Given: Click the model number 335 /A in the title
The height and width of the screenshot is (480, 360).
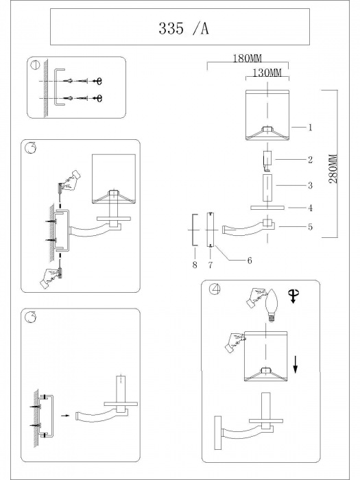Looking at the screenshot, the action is point(184,29).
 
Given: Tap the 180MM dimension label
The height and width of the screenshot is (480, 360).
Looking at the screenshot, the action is point(248,58).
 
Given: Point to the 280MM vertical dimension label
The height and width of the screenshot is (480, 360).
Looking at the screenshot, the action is point(333,169).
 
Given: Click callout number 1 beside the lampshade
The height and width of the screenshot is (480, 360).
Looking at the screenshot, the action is point(310,128).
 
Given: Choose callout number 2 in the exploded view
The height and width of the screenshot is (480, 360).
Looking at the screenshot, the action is point(310,160).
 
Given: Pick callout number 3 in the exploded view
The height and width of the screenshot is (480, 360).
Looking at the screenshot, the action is point(310,185).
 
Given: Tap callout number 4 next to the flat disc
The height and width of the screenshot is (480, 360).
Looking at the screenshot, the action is point(310,208).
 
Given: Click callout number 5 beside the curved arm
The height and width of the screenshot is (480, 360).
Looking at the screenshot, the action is point(310,227).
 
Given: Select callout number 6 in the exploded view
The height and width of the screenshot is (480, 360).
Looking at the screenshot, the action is point(250,261).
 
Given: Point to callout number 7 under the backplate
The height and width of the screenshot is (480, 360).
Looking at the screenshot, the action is point(211,265).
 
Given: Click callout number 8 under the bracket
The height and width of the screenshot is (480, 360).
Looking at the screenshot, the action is point(195,265).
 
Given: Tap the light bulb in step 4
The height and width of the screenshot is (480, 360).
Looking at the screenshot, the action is point(272,305).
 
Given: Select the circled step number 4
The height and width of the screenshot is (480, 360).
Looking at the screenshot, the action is point(215,289).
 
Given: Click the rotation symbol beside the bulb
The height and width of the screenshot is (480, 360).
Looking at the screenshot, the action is point(293,296).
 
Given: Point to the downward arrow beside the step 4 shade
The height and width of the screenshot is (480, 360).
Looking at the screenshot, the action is point(295,364).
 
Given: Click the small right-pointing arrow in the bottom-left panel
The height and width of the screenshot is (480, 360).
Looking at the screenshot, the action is point(65,416).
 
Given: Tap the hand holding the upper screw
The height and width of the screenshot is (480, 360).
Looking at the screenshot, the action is point(72,179).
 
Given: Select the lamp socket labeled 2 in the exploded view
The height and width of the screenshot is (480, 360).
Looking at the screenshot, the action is point(267,160).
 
